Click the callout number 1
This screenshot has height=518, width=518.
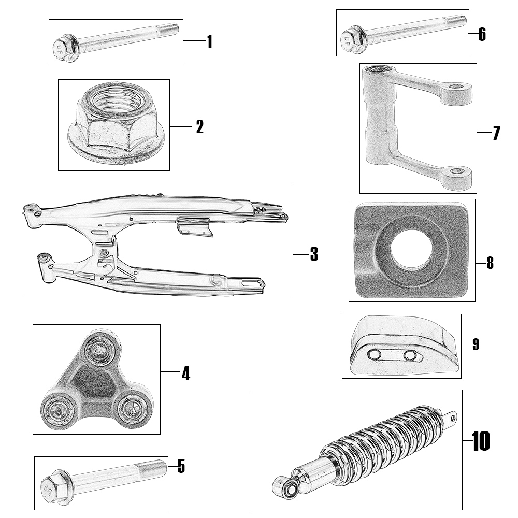coord(209,41)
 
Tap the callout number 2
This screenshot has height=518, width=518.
coord(199,127)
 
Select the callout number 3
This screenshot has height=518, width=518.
coord(313,254)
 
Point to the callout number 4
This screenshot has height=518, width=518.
coord(185,372)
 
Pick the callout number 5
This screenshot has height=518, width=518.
coord(181,466)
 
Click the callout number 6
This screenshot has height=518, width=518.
coord(482,35)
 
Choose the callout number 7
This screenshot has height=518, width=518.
coord(496,133)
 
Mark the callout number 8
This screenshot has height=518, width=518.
coord(490,263)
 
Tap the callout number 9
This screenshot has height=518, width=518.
coord(476,344)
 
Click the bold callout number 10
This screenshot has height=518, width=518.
coord(481,441)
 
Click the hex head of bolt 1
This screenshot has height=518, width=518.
coord(66,48)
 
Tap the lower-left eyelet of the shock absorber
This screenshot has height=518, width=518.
coord(284,487)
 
